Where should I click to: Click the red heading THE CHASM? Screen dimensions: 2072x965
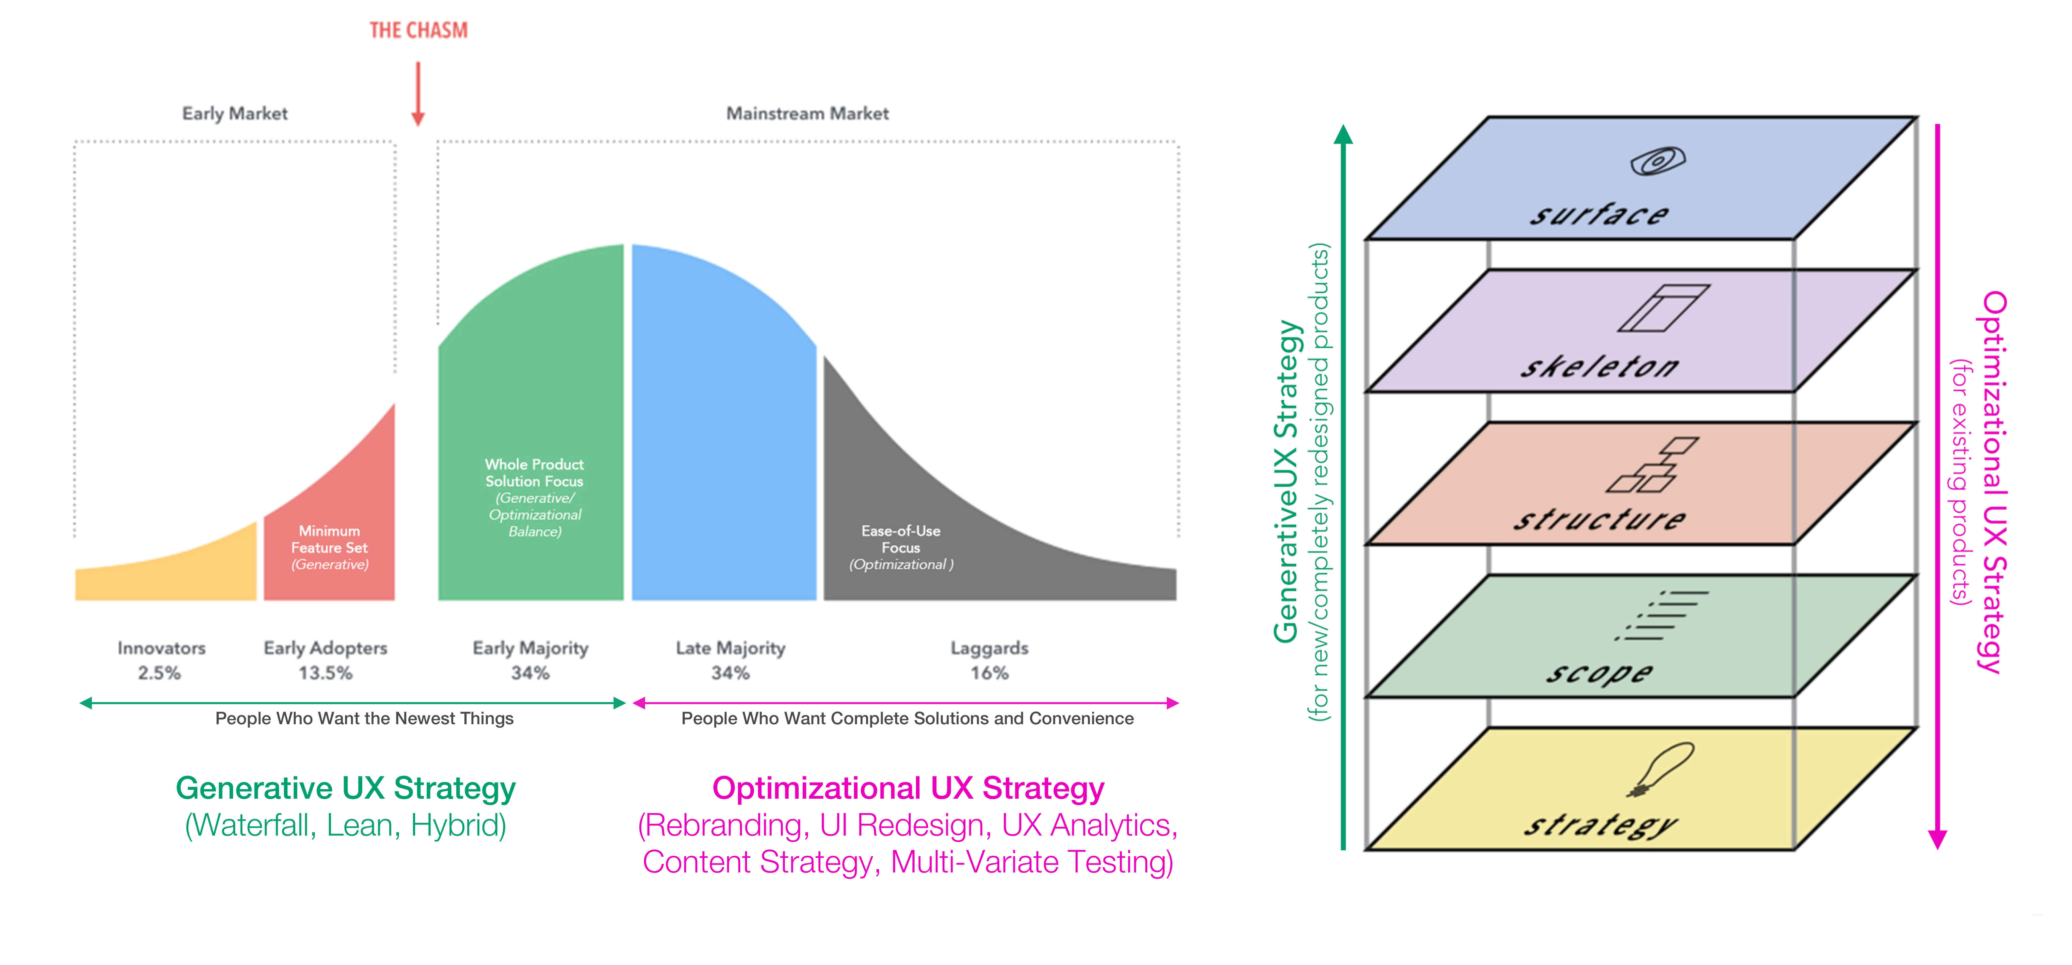point(418,31)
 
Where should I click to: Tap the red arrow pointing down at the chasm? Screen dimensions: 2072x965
point(417,94)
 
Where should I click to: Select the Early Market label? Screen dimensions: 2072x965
point(235,113)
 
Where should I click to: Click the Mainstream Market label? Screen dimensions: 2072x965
point(808,113)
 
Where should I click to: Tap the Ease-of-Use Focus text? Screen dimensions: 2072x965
point(901,539)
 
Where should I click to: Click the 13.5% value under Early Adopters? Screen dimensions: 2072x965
point(326,673)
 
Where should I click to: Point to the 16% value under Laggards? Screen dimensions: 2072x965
point(989,673)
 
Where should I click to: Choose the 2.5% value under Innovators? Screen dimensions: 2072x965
point(159,673)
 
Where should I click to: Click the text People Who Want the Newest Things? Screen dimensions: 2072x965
point(364,718)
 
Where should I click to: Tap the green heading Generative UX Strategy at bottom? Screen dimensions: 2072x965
point(346,788)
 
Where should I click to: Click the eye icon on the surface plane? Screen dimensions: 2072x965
point(1658,161)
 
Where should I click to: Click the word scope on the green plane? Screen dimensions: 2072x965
point(1599,672)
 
